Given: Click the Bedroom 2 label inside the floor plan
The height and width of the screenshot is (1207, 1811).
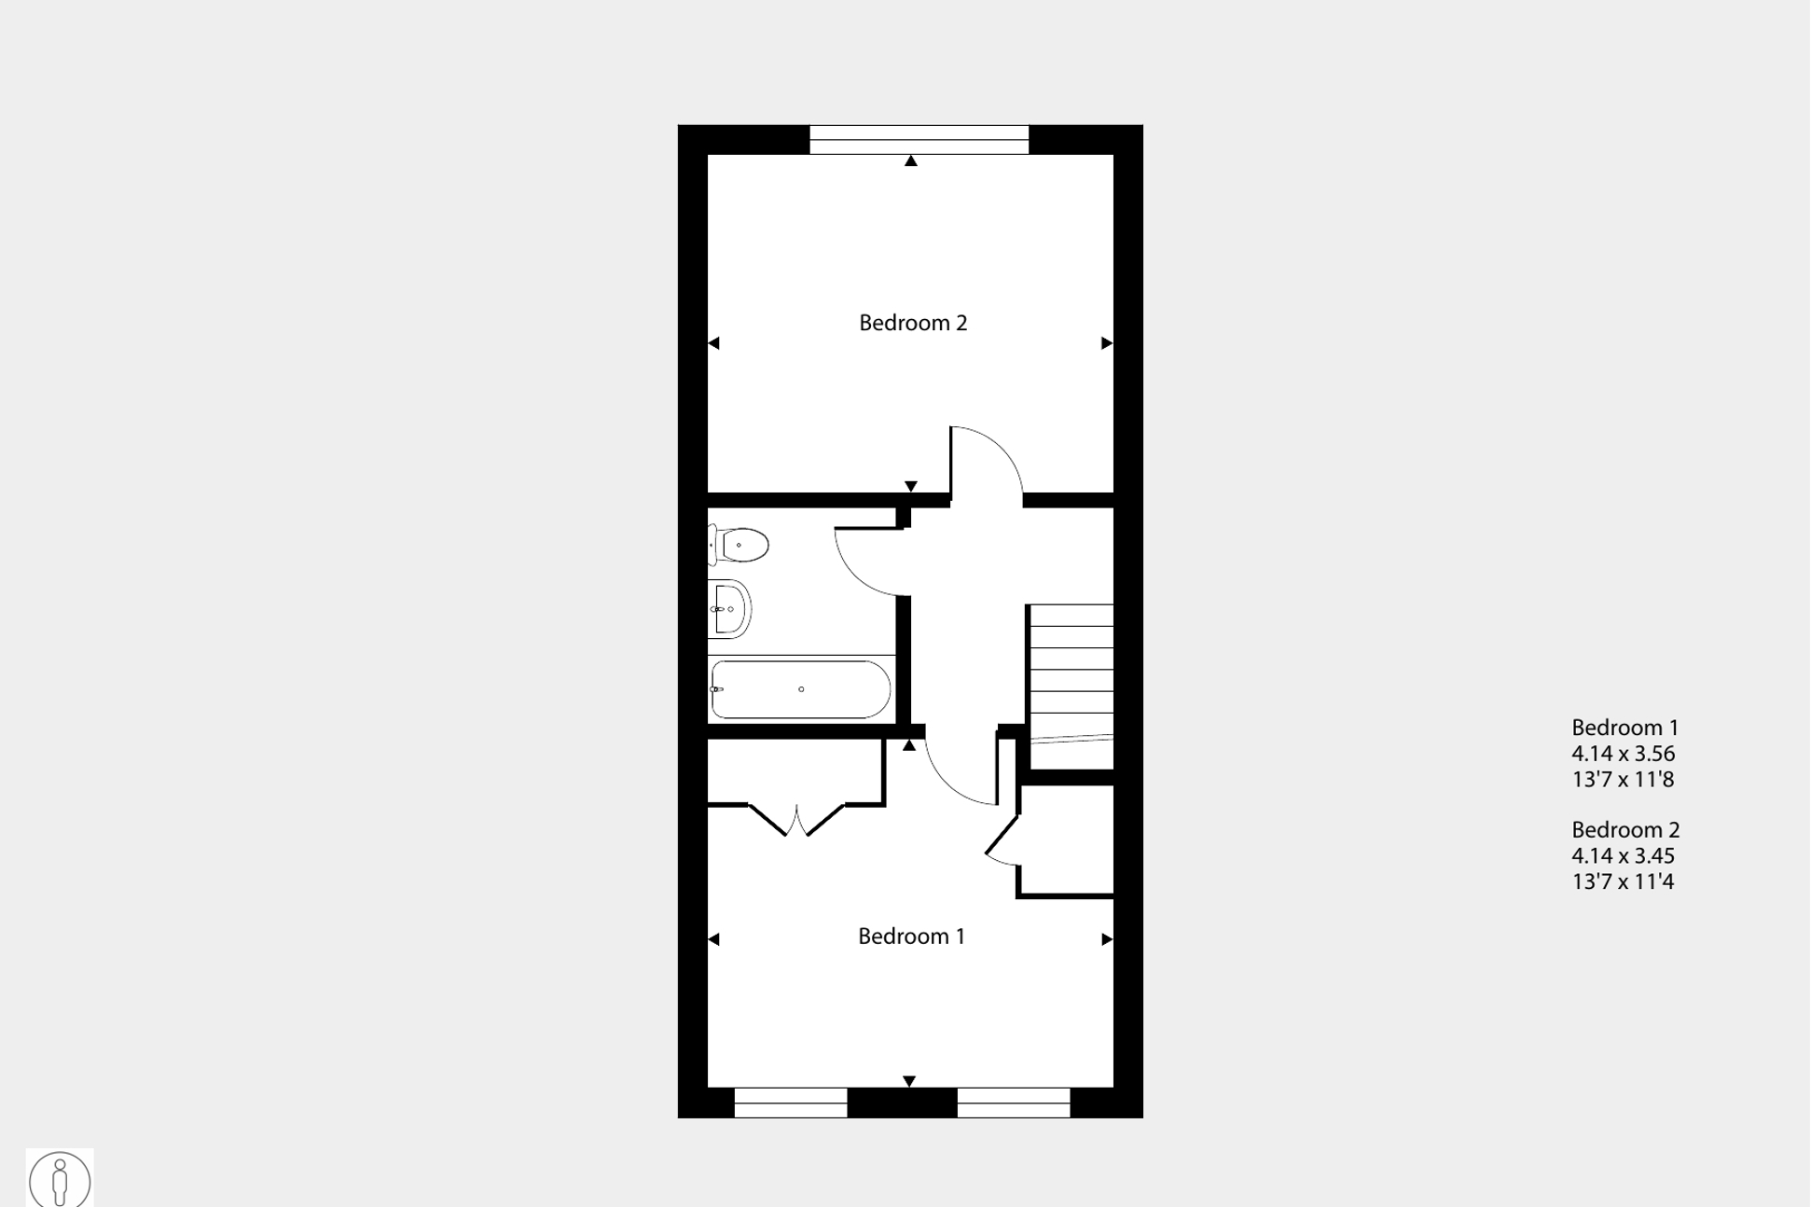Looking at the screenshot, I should (913, 323).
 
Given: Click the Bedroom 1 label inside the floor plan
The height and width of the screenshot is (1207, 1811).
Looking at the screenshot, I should (911, 936).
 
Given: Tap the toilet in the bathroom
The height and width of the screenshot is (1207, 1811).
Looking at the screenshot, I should (740, 545).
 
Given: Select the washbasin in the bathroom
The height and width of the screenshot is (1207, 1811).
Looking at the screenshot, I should (730, 609).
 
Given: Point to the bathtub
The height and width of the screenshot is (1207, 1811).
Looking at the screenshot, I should (800, 689).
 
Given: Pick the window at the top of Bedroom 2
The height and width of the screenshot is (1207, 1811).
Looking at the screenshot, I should (919, 140).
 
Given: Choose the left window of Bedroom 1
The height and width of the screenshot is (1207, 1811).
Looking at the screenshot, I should (790, 1103).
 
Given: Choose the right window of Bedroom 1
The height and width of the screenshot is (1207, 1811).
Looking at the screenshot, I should (1013, 1103).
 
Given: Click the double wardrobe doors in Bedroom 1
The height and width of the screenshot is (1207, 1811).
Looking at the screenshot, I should (796, 820).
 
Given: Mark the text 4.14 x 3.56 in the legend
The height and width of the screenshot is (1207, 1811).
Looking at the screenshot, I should (1623, 754).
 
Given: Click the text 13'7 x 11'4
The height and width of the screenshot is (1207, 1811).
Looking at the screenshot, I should (1623, 881).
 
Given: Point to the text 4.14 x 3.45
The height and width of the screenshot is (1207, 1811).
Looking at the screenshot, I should (1623, 856).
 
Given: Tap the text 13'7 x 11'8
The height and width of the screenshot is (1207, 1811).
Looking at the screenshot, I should (1623, 780).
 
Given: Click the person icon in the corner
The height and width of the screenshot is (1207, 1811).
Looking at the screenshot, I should (60, 1179).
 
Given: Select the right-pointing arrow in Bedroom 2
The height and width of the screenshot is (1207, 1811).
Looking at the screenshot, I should (1106, 343).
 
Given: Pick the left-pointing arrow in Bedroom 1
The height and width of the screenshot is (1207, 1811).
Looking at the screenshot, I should (714, 939).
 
